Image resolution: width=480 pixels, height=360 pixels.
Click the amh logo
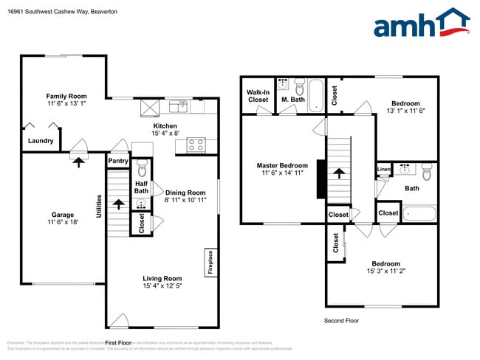point(421,24)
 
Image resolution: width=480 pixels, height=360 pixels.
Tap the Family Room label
point(66,96)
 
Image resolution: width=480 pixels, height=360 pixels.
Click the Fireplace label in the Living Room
point(210,262)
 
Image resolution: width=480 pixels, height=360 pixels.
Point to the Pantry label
point(117,160)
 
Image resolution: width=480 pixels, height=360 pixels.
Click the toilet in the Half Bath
point(143,169)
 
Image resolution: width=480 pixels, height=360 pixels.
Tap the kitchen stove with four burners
point(196,145)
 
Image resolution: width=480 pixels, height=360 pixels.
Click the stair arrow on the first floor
point(118,202)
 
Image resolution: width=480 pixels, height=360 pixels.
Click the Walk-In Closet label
point(258,95)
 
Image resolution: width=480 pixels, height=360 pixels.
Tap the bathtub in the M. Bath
point(316,94)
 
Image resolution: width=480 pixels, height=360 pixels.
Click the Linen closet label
point(383,170)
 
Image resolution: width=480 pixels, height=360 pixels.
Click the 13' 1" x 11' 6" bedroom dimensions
point(405,111)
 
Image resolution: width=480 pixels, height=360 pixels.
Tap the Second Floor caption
point(342,321)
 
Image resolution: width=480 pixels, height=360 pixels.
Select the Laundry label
point(41,140)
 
